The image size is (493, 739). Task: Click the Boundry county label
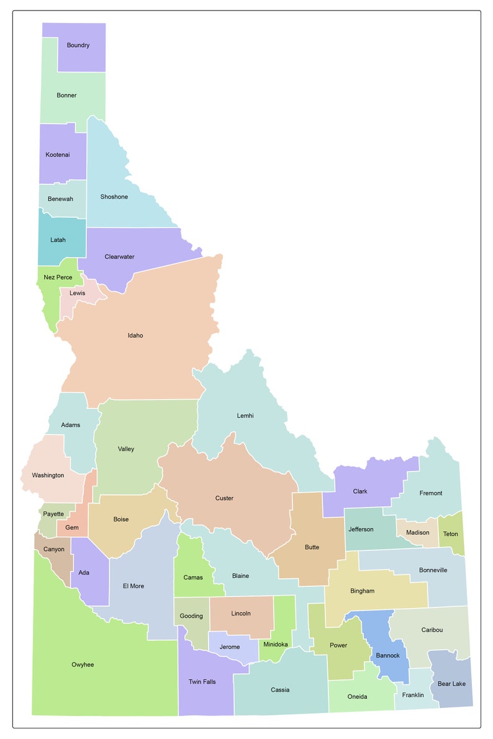click(78, 45)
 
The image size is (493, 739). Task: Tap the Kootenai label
click(58, 155)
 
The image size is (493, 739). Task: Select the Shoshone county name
click(114, 197)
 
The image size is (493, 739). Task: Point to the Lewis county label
click(78, 293)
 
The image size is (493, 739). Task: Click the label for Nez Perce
click(58, 277)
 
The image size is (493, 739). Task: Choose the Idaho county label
click(135, 336)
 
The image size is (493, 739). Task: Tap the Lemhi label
click(245, 416)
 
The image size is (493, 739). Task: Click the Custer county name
click(224, 498)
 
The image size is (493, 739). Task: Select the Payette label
click(53, 514)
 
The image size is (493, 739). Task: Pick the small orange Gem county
click(72, 527)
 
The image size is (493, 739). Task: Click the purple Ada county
click(84, 573)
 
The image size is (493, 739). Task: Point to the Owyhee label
click(83, 665)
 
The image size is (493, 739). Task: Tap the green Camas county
click(193, 577)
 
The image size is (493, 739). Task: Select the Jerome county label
click(230, 647)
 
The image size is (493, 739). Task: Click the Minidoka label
click(276, 645)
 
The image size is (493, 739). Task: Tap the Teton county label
click(451, 534)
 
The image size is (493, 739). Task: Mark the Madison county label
click(418, 533)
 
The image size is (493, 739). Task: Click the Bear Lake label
click(451, 684)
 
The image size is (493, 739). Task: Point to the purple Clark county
click(360, 491)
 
